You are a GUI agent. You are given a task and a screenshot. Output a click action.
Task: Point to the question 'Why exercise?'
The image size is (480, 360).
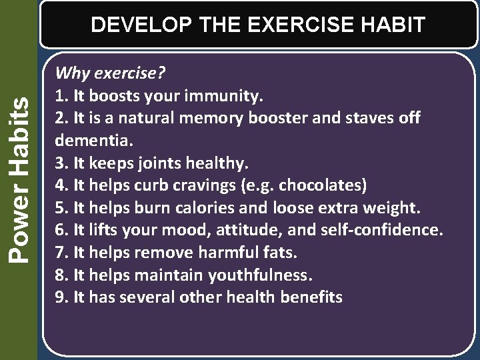tap(110, 73)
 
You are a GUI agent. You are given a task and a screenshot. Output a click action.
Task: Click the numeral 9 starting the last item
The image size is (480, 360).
tap(60, 297)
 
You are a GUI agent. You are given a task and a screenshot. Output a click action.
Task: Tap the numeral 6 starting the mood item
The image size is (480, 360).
tap(60, 230)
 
